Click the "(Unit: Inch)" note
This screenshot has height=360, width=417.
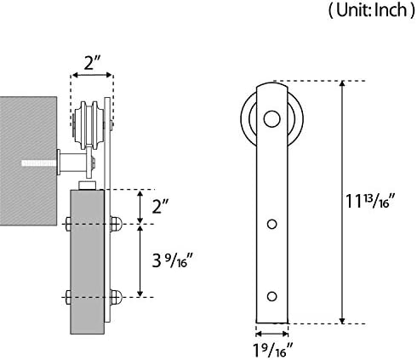(372, 11)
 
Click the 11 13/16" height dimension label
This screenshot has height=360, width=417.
(369, 201)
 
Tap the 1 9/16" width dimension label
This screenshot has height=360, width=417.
(272, 350)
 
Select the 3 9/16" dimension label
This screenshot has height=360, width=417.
(173, 260)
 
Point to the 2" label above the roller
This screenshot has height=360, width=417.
(93, 63)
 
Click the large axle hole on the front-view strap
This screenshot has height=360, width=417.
(271, 118)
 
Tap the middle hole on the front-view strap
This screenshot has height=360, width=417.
(271, 224)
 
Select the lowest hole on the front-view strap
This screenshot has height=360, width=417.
(271, 296)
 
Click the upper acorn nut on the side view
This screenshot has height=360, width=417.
(116, 224)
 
